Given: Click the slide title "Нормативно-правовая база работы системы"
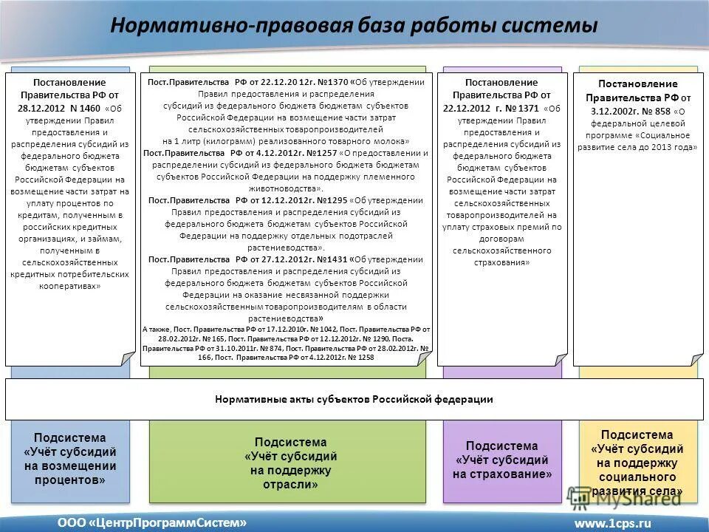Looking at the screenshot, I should (354, 26).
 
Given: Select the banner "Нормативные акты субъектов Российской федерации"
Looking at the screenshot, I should (354, 399).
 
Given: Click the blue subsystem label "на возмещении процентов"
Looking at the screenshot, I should (70, 473).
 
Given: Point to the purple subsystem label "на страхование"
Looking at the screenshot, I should (502, 474).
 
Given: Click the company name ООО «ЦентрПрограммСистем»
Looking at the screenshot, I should (152, 522).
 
